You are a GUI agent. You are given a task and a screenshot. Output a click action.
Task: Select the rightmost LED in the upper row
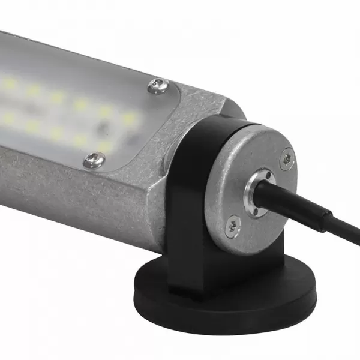(129, 119)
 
